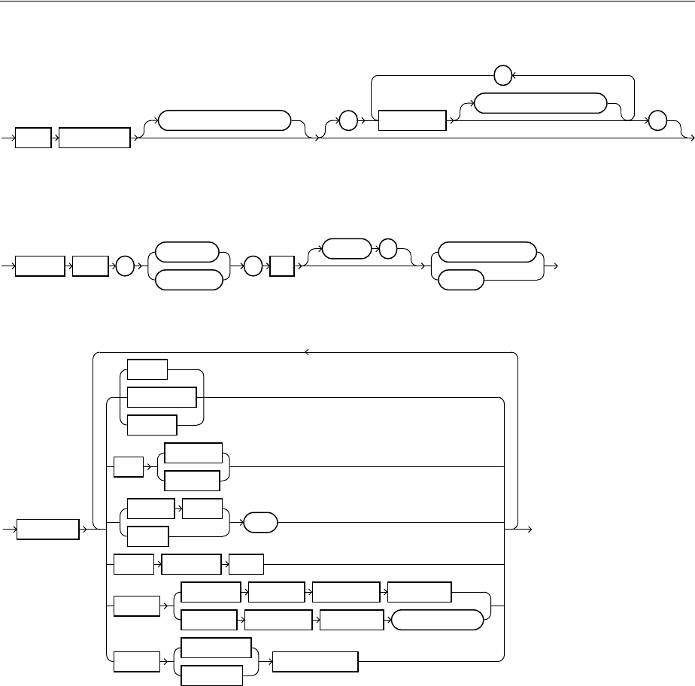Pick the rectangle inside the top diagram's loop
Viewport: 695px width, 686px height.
pyautogui.click(x=411, y=120)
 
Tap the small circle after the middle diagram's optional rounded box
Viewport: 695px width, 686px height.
pyautogui.click(x=387, y=249)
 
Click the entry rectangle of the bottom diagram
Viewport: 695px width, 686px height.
pyautogui.click(x=49, y=529)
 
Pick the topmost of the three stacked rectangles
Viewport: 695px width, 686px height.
pyautogui.click(x=147, y=369)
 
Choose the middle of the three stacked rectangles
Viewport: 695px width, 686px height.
pyautogui.click(x=162, y=397)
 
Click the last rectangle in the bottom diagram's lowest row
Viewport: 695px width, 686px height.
pyautogui.click(x=315, y=660)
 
